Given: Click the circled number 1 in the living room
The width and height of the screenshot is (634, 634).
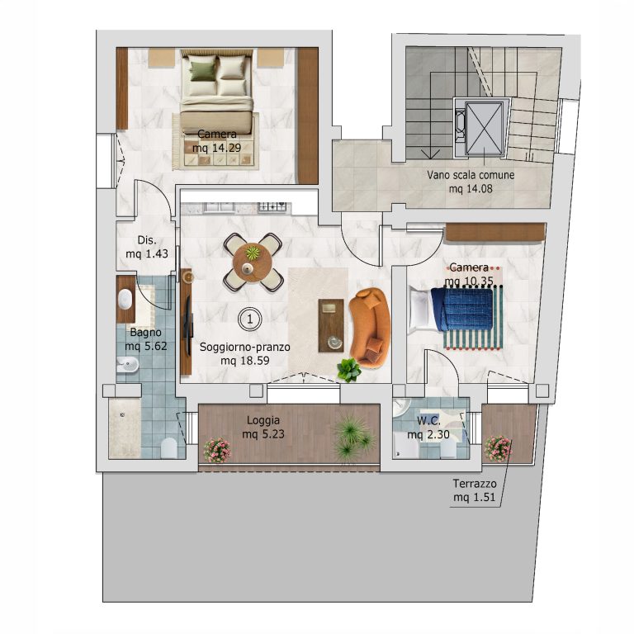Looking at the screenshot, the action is coord(249,319).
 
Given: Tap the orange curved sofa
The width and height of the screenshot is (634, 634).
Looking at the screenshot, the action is coord(371,328).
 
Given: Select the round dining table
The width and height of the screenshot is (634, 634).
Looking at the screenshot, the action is coord(253,263).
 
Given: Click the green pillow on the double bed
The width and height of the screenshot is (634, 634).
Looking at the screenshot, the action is coord(202,69).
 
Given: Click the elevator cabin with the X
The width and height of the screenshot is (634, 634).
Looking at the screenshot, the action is coord(484,129).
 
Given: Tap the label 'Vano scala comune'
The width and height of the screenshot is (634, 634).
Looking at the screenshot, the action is coord(471,175).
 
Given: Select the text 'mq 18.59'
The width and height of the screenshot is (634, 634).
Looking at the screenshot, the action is coord(244,360).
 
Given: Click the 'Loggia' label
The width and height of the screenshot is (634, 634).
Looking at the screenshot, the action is coord(263,420).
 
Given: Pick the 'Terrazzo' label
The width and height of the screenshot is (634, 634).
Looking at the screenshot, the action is coord(475,484).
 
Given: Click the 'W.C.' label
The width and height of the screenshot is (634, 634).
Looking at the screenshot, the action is coord(428,421).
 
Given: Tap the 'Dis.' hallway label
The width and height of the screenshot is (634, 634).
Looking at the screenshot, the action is coord(147,239).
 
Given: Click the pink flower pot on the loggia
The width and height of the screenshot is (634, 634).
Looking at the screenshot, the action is coord(217,451).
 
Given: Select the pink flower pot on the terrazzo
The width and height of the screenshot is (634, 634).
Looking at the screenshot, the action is coord(498,449).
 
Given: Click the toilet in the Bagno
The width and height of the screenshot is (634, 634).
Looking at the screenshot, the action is coord(169,448).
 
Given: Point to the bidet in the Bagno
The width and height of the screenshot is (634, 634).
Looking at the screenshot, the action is coord(127,365).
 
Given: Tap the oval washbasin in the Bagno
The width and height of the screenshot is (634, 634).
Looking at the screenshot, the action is coord(125,299).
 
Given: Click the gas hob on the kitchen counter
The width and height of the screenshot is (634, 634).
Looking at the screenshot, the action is coord(272,207).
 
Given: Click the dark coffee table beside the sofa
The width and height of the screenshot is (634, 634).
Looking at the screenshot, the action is coord(331,325).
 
